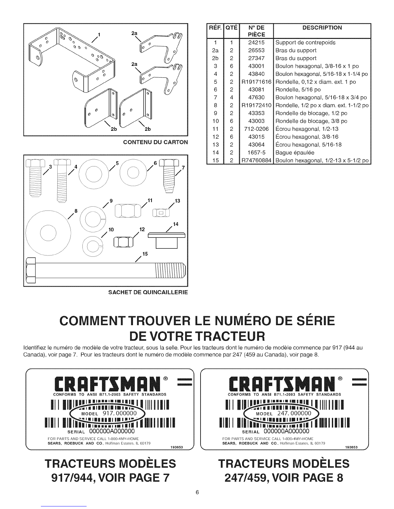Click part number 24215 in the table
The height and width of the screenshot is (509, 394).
coord(256,43)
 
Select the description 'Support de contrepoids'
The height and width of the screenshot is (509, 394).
coord(305,43)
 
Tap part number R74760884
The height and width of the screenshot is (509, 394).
coord(256,160)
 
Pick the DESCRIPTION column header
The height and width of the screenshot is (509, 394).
coord(322,28)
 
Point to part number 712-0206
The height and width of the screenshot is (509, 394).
coord(256,129)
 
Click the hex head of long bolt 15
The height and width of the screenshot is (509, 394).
coord(31,270)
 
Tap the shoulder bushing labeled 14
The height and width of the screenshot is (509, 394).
coord(167,240)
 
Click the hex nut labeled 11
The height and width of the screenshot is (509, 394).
coord(128,210)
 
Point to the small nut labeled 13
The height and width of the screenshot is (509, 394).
coord(161,213)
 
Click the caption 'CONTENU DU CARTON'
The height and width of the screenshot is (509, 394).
coord(155,142)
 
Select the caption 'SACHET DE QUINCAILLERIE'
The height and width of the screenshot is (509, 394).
coord(148,292)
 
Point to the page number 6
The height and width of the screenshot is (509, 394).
coord(197,492)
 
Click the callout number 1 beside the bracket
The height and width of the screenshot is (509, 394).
coord(99,35)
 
